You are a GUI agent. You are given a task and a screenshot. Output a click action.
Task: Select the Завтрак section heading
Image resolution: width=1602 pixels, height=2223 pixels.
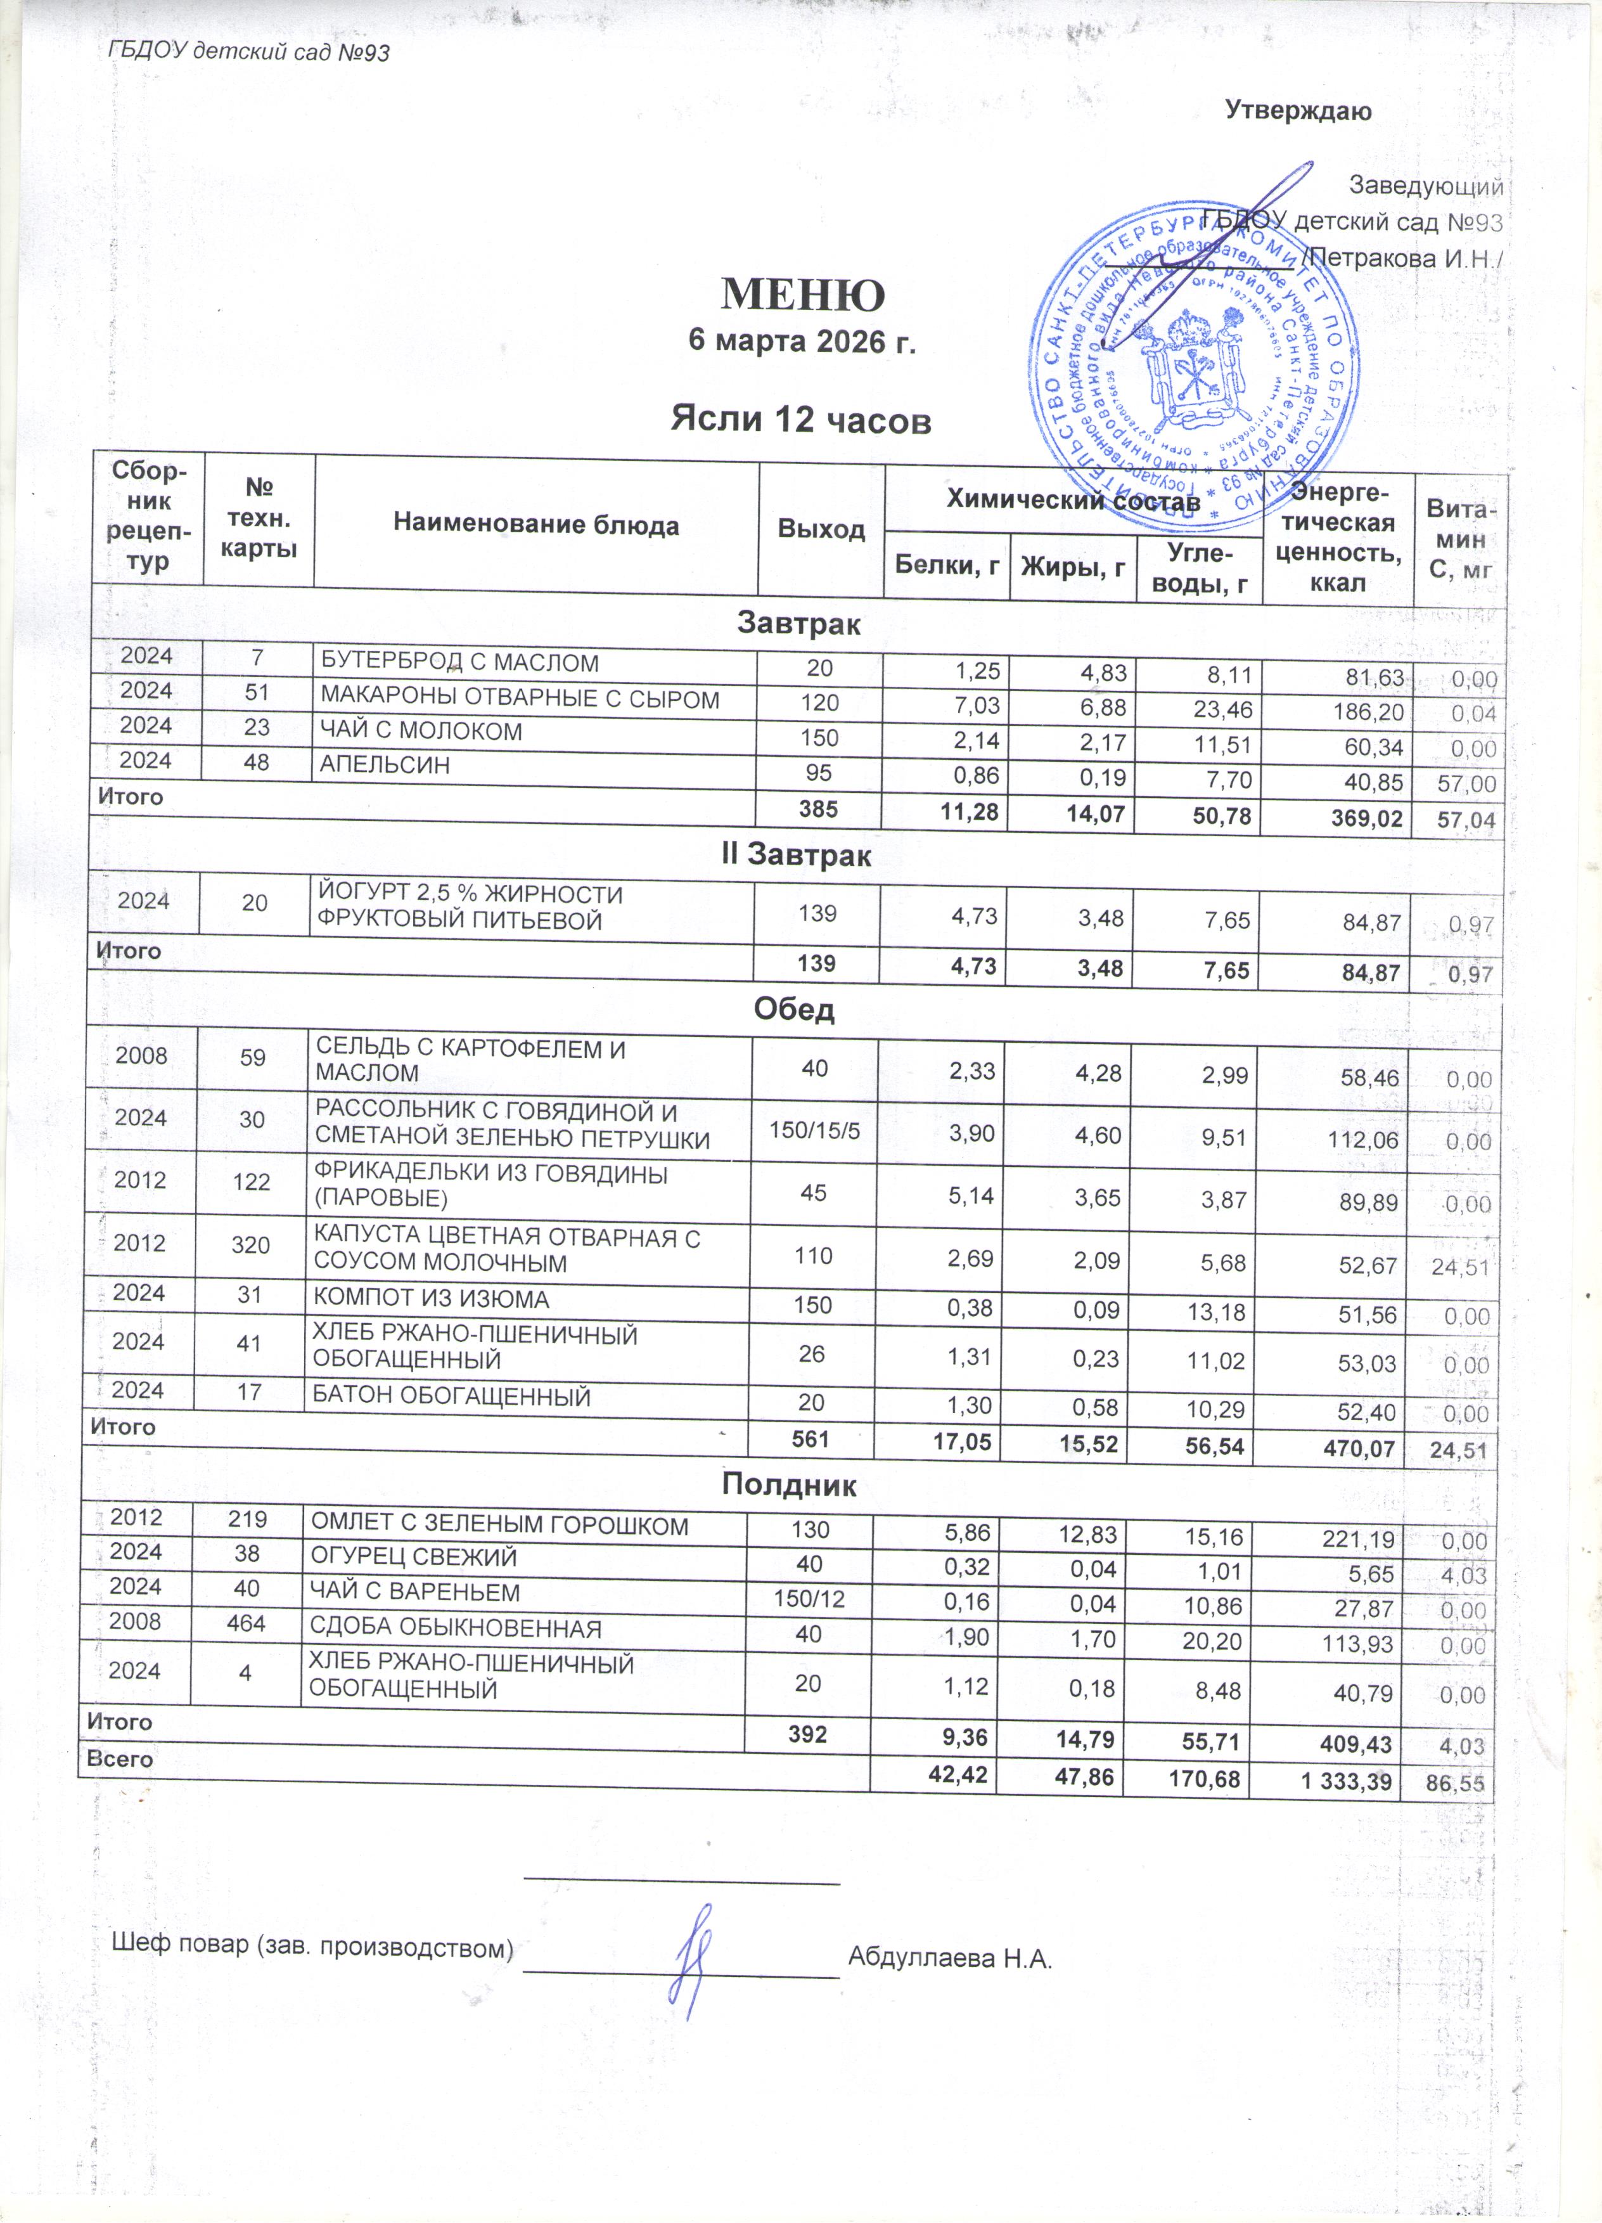[x=798, y=623]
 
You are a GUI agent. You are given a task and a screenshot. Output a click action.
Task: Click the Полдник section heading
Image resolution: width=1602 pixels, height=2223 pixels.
[x=790, y=1485]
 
